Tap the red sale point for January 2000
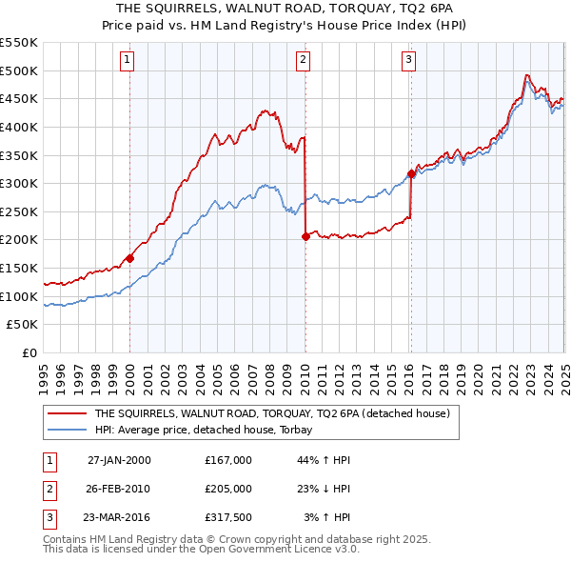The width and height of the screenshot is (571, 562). [130, 257]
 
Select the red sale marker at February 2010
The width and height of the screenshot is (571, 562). [305, 236]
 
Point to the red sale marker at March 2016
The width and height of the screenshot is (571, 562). [411, 173]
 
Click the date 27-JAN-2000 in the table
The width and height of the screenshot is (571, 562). [118, 460]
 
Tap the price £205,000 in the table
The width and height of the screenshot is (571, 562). [228, 489]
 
